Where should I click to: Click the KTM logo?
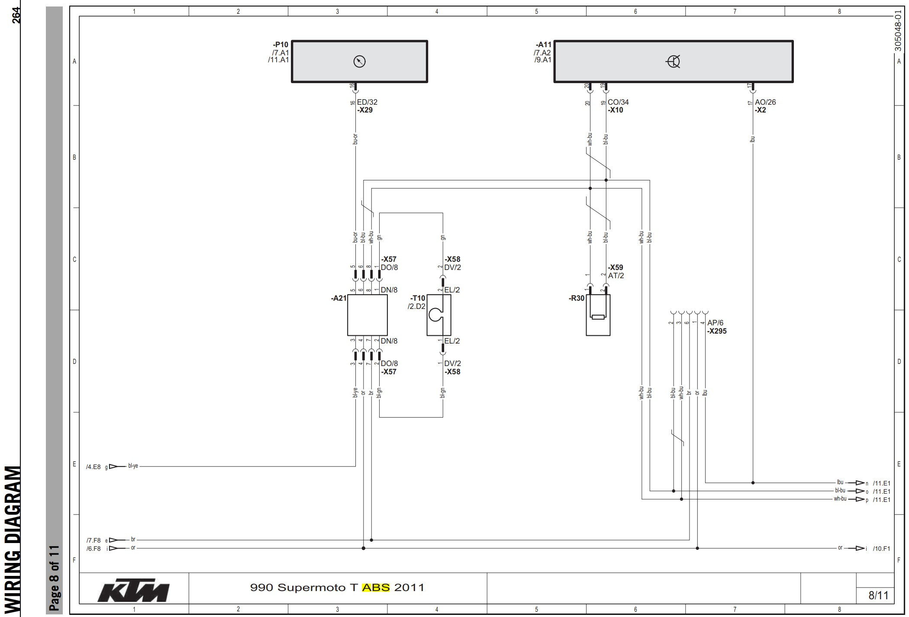tap(133, 590)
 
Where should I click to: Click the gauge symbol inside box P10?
tap(359, 61)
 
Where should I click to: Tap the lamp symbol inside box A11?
tap(673, 62)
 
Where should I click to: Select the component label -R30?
tap(576, 298)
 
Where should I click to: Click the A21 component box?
tap(367, 315)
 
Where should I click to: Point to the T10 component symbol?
tap(438, 315)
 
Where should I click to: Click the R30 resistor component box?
tap(598, 315)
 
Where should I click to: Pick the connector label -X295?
tap(717, 331)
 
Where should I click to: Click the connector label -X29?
tap(364, 110)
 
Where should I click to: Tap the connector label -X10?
tap(615, 110)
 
